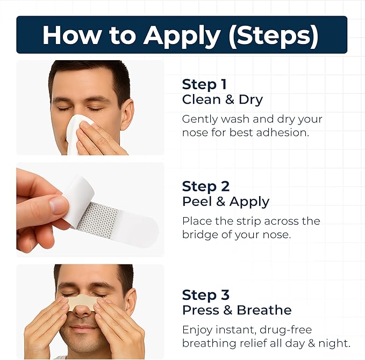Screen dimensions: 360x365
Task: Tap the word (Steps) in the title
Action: point(279,35)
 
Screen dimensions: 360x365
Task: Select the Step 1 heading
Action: point(204,84)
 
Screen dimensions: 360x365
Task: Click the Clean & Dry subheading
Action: point(222,99)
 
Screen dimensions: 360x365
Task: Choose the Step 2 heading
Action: point(205,186)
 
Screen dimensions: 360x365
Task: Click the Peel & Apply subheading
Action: point(226,201)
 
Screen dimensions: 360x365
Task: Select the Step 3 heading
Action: point(205,295)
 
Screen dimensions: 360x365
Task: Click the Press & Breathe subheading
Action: point(237,310)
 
